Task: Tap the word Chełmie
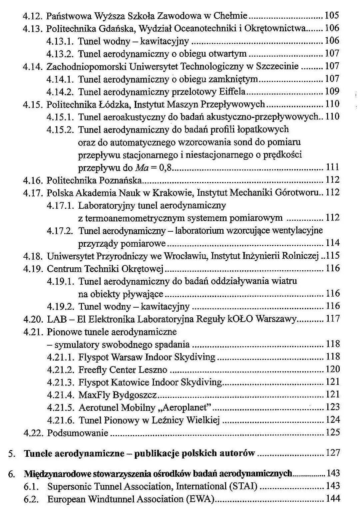click(x=230, y=16)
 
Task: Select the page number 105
click(x=332, y=15)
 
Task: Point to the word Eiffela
click(x=232, y=92)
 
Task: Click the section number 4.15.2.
click(x=60, y=130)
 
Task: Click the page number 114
click(x=332, y=243)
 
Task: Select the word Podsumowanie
click(x=78, y=433)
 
